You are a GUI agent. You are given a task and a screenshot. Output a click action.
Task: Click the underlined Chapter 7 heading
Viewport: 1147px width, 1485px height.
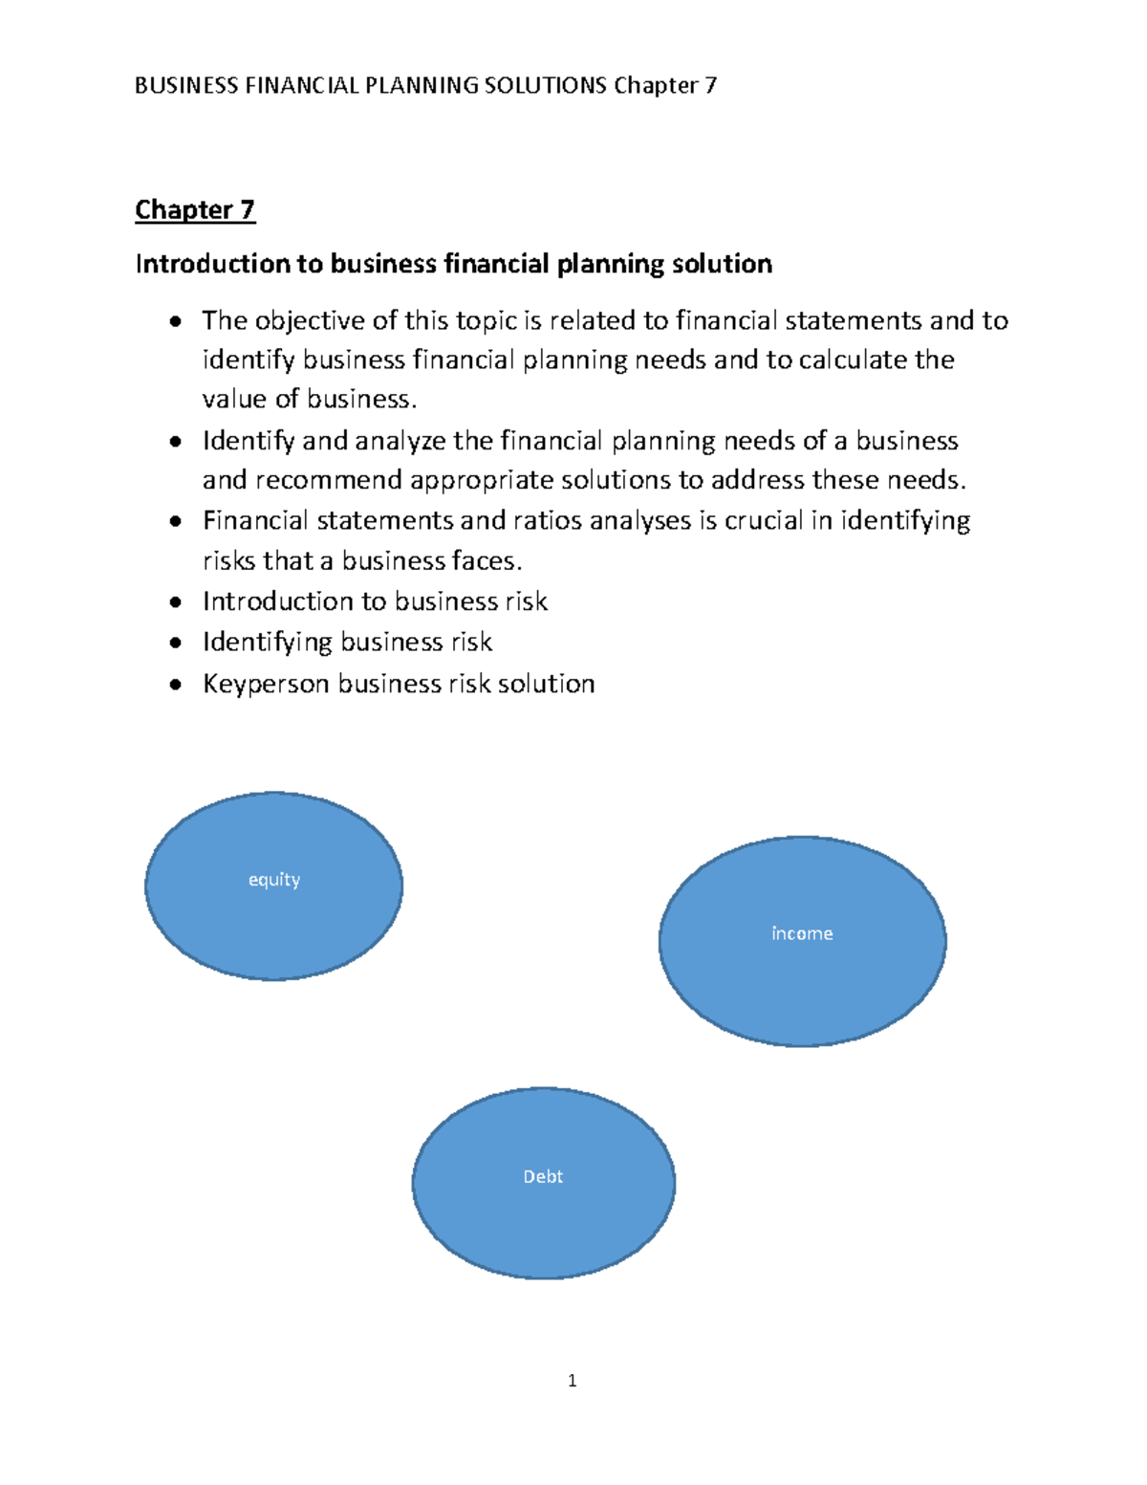[195, 209]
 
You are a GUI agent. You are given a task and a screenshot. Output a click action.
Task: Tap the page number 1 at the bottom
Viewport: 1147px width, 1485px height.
[572, 1380]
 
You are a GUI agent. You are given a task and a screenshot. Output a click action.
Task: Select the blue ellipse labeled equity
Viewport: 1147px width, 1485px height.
[273, 886]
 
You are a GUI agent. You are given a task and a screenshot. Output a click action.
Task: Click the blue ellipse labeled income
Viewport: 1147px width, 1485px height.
[802, 941]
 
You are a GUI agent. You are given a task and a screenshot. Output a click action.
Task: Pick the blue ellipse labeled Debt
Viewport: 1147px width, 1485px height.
[543, 1183]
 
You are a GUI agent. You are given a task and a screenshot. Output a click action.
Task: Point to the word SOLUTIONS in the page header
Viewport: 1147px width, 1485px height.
[545, 86]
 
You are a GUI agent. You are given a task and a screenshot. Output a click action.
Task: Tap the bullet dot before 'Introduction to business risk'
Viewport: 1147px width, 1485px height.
[175, 602]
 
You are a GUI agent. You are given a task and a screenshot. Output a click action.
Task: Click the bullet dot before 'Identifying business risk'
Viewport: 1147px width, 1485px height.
[175, 643]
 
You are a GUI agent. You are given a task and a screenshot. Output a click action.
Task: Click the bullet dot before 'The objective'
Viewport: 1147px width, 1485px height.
[175, 322]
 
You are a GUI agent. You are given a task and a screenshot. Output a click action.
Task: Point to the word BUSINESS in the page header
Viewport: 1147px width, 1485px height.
[186, 86]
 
